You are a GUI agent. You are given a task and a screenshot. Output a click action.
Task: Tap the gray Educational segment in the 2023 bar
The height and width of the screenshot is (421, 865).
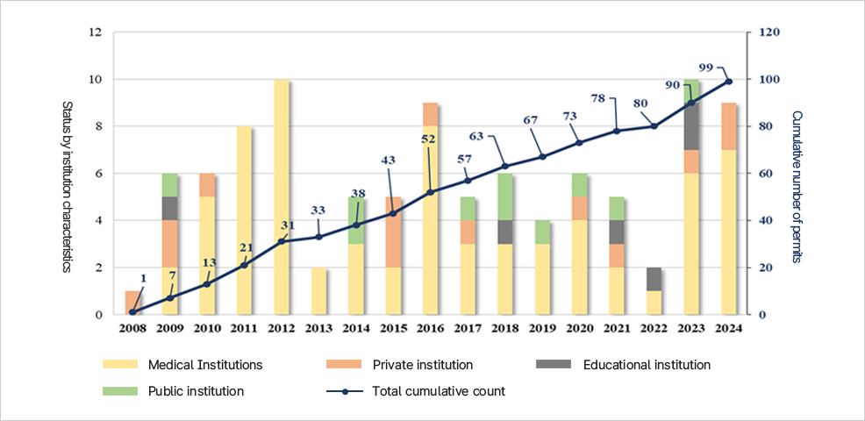692,126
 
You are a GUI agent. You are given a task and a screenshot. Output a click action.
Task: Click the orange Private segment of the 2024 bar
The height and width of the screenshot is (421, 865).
729,126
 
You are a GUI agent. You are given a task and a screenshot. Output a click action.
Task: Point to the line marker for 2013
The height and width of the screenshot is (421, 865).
318,237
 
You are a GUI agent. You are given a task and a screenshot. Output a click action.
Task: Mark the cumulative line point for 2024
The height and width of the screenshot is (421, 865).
729,82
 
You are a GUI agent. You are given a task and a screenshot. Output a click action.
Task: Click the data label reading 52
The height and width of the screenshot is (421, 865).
428,139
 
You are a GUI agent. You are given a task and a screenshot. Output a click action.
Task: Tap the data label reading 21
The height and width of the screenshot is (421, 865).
247,247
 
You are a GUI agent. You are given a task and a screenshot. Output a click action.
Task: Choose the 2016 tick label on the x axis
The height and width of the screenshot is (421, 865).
431,329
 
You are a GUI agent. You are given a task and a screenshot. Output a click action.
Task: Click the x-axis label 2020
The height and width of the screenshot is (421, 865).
580,329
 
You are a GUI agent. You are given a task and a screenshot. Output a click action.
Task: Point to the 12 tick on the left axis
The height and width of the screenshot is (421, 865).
96,33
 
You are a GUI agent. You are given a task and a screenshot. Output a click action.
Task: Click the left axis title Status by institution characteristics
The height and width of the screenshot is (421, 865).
67,186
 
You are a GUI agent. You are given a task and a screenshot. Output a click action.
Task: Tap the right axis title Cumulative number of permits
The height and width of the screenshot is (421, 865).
797,186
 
